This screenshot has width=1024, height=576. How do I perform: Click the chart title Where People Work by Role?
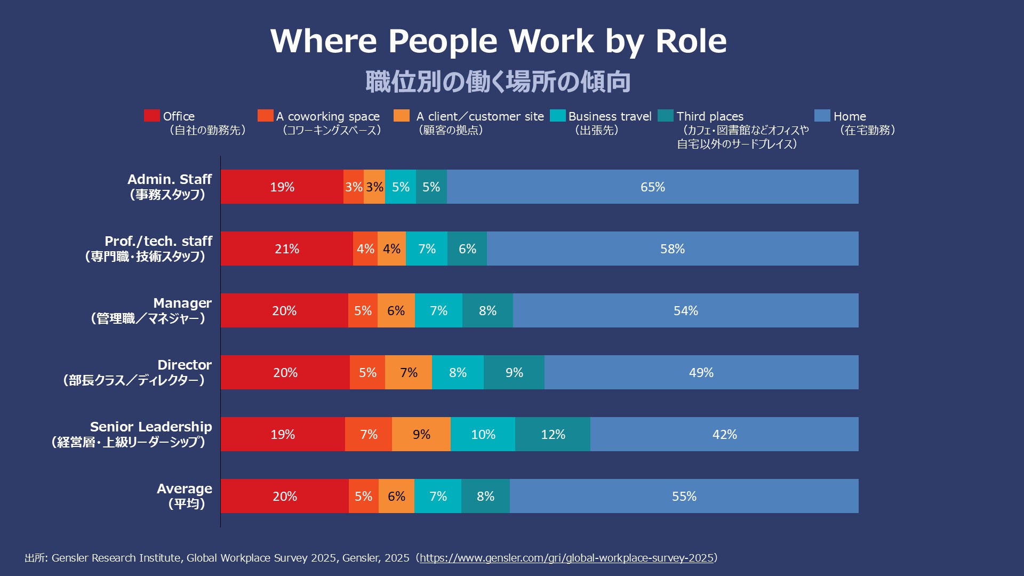coord(498,41)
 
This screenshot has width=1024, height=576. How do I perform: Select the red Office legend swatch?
coord(151,116)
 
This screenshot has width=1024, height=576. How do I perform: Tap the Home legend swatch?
coord(822,116)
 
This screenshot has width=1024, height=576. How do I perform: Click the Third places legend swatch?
coord(666,116)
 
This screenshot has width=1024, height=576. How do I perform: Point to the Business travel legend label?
coord(610,117)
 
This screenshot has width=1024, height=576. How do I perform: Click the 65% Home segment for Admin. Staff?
coord(652,187)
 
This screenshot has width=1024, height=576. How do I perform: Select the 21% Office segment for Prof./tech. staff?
coord(287,249)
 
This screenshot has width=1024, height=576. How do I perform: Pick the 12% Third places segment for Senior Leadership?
coord(553,434)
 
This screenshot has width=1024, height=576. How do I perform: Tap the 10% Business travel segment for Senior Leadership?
coord(483,434)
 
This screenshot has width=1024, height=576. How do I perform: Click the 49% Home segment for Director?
coord(701,372)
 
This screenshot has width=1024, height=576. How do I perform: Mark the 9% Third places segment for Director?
coord(514,372)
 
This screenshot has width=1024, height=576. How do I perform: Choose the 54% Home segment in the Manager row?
coord(685,310)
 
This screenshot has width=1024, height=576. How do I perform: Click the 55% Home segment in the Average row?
coord(684,496)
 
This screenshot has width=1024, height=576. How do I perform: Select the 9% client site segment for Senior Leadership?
coord(421,434)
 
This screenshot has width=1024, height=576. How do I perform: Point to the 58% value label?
coord(672,249)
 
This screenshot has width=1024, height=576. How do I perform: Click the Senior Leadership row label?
coord(150,427)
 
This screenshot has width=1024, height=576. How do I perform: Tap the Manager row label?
coord(182,303)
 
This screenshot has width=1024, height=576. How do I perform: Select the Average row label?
coord(184,489)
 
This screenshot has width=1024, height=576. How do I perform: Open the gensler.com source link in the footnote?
coord(566,558)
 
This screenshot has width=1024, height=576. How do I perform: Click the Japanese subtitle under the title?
coord(498,82)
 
